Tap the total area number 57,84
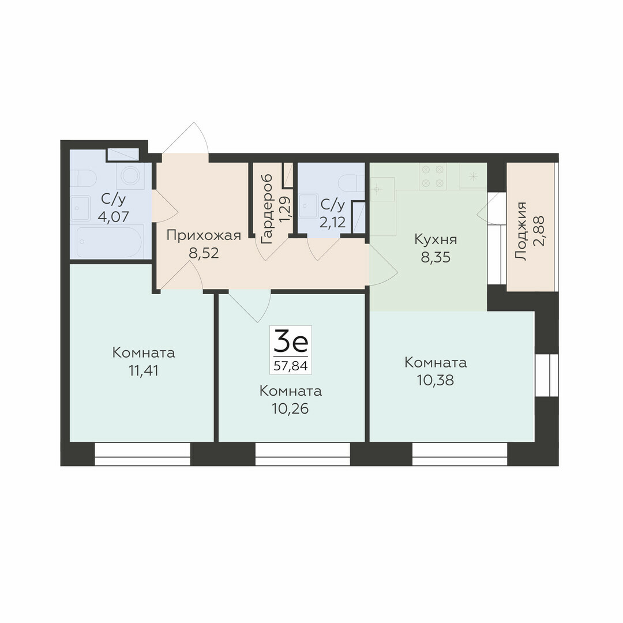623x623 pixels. tap(290, 366)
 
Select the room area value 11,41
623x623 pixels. tap(144, 371)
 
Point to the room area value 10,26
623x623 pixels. tap(290, 409)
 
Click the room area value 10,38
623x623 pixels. tap(436, 381)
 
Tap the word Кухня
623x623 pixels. tap(436, 239)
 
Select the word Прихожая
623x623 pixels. tap(204, 235)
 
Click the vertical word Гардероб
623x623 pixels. tap(267, 209)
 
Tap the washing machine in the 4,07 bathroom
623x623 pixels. tap(130, 175)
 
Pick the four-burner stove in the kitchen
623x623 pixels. tap(432, 177)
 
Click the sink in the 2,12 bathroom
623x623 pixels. tap(309, 206)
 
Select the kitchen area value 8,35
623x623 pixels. tap(436, 257)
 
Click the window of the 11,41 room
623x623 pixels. tap(142, 455)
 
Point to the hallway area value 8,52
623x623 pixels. tap(204, 253)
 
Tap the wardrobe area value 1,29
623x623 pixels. tap(284, 209)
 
